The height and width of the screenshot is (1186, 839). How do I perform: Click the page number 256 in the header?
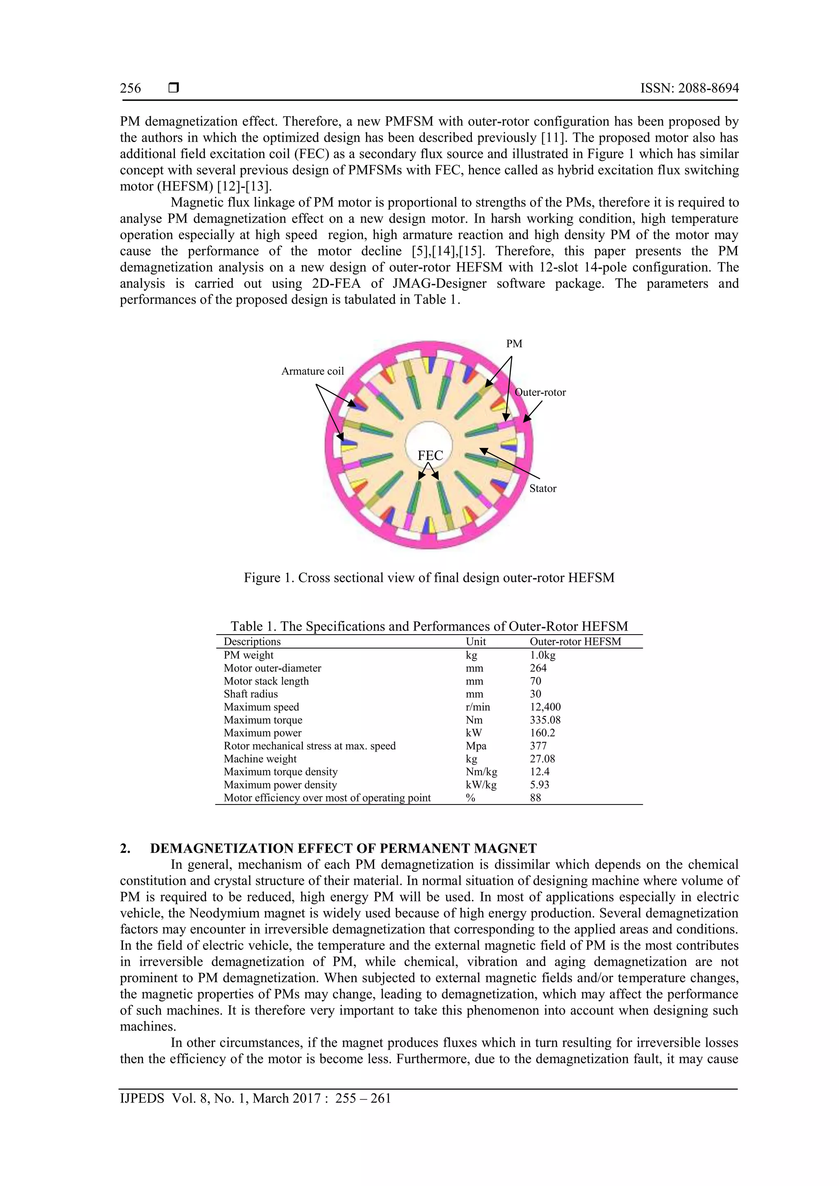(130, 88)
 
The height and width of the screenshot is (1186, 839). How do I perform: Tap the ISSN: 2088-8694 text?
(689, 88)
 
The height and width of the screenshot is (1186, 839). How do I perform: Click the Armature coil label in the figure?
(312, 371)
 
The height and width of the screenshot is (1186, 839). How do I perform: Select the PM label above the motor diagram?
(513, 344)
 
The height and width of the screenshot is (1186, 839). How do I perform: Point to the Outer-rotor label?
(540, 392)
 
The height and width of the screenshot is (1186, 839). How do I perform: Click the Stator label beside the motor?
(542, 489)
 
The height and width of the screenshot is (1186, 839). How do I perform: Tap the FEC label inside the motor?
(430, 455)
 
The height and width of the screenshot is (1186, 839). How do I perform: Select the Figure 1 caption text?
(429, 578)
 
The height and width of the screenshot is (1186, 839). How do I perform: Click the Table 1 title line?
(429, 627)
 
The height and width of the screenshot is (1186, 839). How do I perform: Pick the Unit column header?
(476, 642)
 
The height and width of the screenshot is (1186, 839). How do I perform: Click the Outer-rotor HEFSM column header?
(575, 642)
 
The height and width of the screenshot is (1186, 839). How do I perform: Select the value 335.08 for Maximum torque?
(545, 720)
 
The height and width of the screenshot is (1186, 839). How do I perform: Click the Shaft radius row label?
(251, 694)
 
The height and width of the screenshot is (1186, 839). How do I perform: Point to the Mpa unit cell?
(476, 746)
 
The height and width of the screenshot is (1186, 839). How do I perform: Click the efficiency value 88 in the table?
(535, 797)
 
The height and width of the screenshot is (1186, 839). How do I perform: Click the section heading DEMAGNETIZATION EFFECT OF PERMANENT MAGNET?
(343, 848)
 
